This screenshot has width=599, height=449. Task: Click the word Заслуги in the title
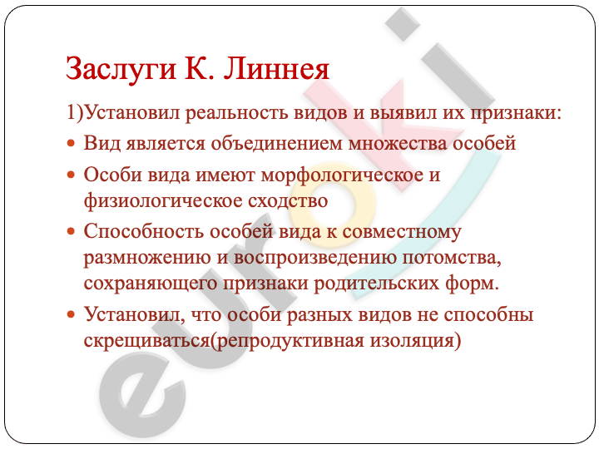click(121, 69)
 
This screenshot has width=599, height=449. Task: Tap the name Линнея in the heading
click(276, 69)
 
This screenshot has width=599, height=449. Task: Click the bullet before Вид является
click(71, 144)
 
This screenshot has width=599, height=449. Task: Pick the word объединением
click(276, 145)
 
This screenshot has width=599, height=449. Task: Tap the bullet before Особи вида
click(71, 175)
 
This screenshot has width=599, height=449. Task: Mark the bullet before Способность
click(71, 231)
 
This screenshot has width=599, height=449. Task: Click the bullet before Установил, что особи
click(71, 314)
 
